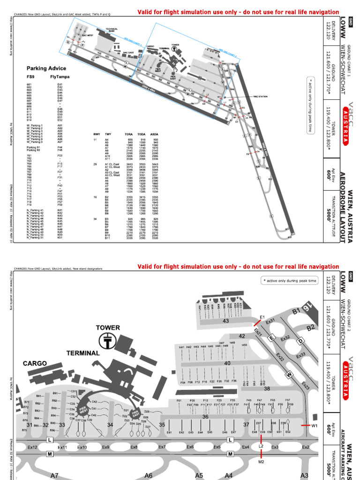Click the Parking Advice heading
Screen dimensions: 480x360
pos(43,68)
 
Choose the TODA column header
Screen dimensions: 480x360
pos(142,134)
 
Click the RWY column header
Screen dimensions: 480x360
pos(96,134)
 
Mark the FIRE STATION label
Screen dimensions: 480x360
pos(260,97)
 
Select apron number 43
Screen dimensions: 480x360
pos(225,321)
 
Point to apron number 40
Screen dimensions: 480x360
pos(227,363)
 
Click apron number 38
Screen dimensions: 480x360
pos(267,389)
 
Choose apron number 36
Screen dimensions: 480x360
pos(205,417)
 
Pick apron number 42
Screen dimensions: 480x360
pos(242,336)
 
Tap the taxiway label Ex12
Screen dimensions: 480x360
pos(32,448)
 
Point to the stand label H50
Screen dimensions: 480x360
pos(244,345)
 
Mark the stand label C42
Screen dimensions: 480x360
pos(94,402)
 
